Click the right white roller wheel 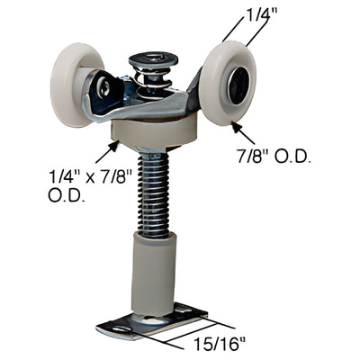pyautogui.click(x=229, y=85)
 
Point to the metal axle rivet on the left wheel pyautogui.click(x=105, y=87)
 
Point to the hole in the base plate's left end pyautogui.click(x=113, y=329)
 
